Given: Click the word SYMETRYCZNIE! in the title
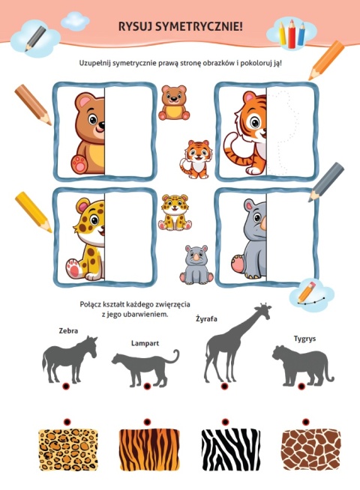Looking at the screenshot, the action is point(199,26).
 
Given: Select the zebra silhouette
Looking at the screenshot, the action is point(70,360).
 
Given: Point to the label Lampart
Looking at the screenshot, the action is point(145,343).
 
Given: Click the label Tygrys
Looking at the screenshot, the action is point(304,339).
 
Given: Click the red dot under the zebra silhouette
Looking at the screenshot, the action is point(65,387).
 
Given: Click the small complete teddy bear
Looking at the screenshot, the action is point(174,103).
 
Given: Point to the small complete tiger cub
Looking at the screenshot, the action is point(196,160).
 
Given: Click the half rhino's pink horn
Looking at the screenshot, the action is point(263,223).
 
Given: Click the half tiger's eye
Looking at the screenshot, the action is point(255,122).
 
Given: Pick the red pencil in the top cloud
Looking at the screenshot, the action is point(292,34).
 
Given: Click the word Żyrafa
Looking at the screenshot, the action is point(206,319).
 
